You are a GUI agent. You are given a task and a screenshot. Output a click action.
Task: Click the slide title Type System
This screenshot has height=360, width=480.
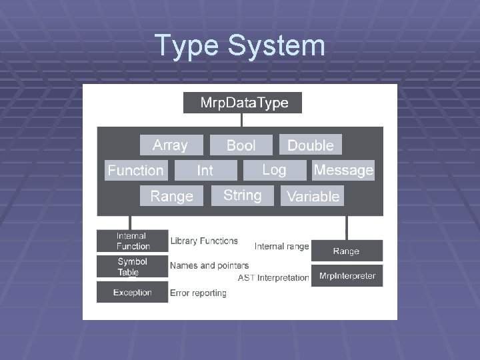click(x=240, y=46)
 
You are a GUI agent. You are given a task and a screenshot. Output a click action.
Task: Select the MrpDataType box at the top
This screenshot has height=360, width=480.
click(x=243, y=103)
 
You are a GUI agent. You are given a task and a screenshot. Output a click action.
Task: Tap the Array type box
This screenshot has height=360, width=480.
click(x=170, y=145)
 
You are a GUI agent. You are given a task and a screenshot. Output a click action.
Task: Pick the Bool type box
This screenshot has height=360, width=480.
click(x=241, y=145)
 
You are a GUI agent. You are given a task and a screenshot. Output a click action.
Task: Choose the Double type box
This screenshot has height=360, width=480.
click(x=310, y=145)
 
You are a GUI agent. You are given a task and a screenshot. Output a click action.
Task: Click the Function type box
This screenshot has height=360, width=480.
click(x=135, y=171)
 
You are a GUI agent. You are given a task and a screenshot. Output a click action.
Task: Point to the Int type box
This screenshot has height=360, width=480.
click(x=205, y=171)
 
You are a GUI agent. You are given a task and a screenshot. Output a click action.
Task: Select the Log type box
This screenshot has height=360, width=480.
click(x=274, y=170)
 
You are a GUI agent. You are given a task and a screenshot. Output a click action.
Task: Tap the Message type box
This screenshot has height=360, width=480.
click(x=343, y=171)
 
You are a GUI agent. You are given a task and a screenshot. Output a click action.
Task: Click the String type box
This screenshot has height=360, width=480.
click(x=243, y=195)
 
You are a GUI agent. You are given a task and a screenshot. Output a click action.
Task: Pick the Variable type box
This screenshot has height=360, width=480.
click(x=313, y=196)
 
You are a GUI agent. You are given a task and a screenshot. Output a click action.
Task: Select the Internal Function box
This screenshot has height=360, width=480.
click(x=132, y=241)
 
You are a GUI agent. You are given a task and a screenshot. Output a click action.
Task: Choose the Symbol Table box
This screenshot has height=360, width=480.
click(x=132, y=267)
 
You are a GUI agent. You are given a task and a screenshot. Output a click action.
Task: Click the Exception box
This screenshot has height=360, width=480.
click(x=132, y=292)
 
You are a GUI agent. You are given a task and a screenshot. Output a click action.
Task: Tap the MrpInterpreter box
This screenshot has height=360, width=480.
click(x=347, y=276)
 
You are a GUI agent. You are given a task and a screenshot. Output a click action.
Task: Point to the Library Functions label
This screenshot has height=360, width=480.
click(x=204, y=241)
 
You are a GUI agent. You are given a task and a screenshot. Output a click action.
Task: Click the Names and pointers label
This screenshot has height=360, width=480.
click(x=209, y=265)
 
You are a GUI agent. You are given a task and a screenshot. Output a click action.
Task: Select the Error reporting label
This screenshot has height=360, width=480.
click(x=198, y=293)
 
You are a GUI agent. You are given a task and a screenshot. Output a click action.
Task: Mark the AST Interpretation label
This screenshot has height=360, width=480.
click(x=273, y=277)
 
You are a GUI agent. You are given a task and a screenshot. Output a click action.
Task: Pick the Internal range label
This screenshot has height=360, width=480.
click(x=281, y=247)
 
